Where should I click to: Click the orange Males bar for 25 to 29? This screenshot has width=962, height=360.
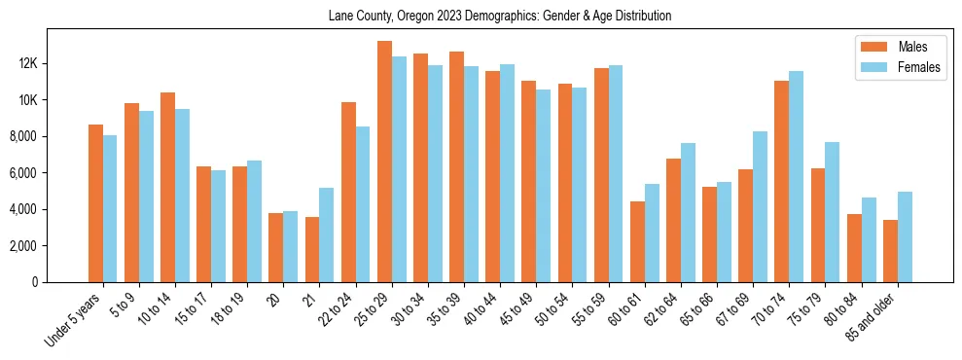(384, 162)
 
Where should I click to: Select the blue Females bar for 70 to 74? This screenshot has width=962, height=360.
(797, 176)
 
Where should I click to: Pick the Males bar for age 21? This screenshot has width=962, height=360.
(312, 249)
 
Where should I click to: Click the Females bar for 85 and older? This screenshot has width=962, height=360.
(905, 236)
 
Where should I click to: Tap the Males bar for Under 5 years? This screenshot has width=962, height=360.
(95, 203)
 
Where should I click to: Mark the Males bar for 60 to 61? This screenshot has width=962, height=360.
(637, 241)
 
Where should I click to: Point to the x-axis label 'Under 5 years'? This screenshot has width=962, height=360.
(72, 320)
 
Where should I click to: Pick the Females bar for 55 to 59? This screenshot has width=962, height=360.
(616, 173)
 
